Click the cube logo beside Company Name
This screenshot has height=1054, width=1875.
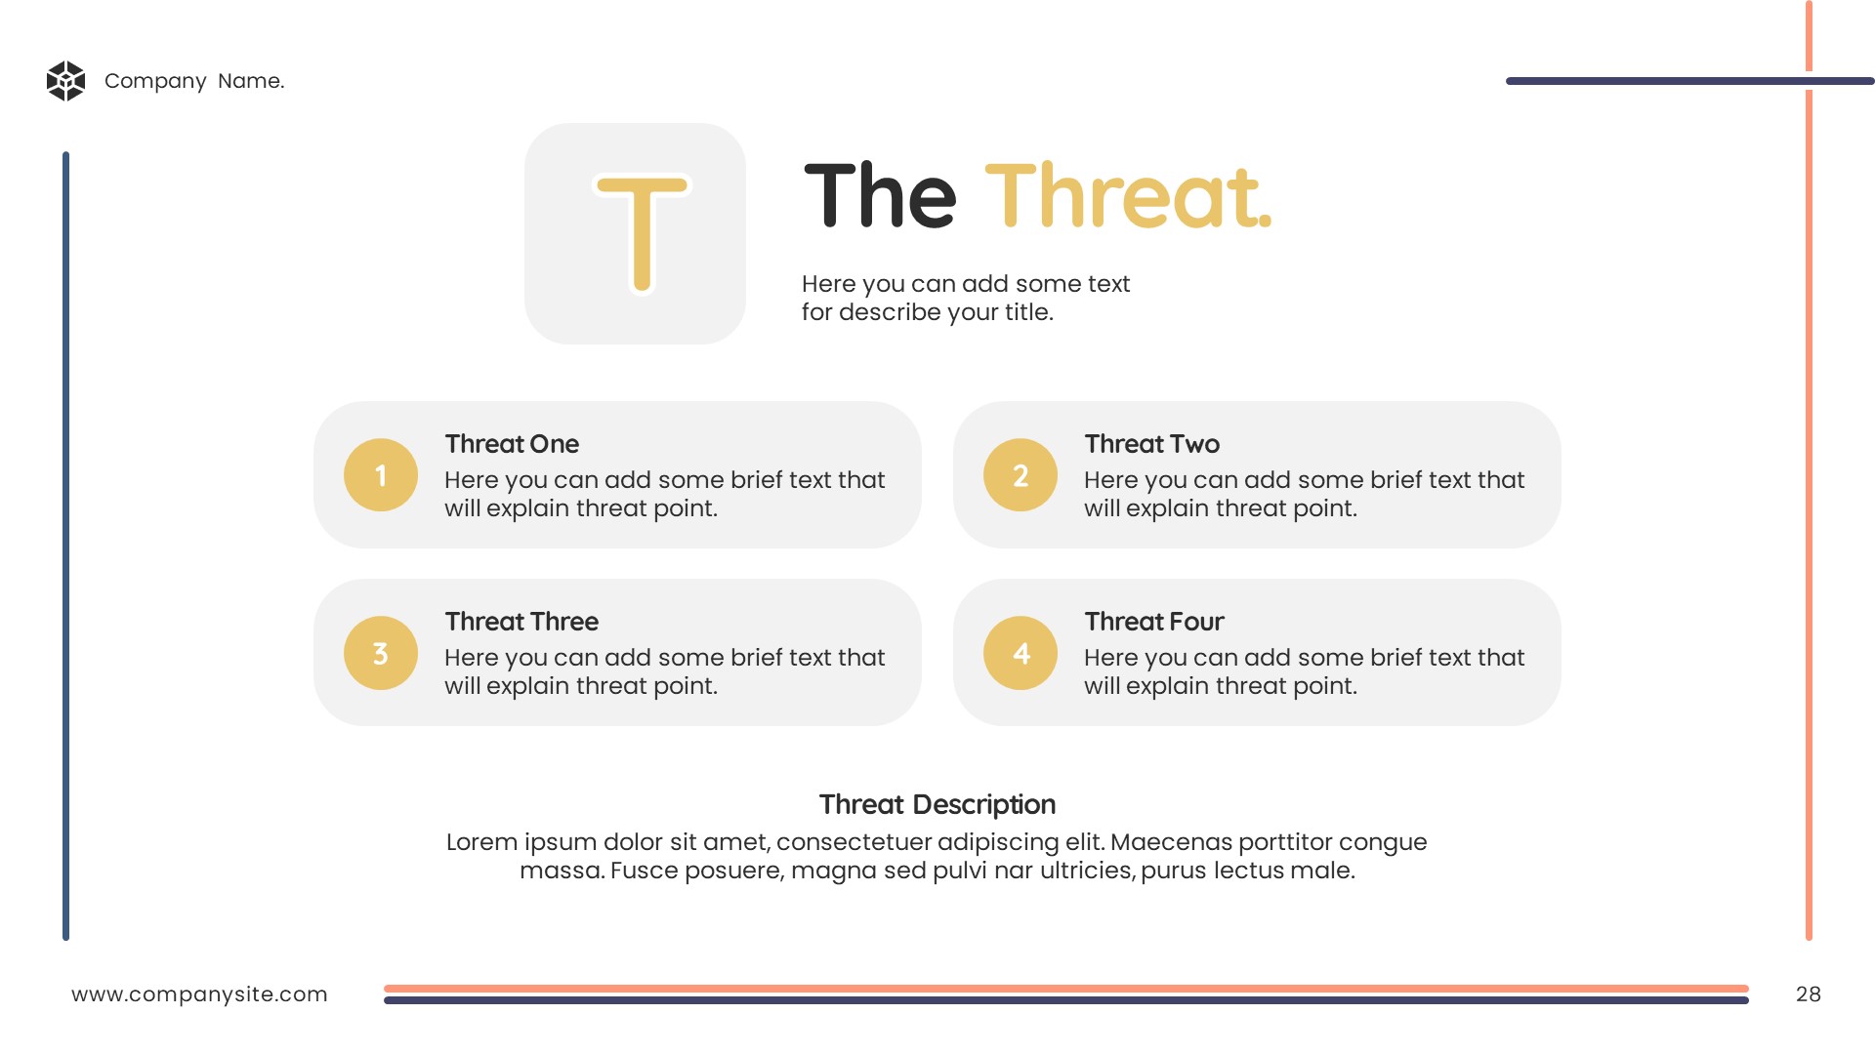[66, 81]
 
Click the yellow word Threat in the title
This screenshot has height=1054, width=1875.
[1128, 196]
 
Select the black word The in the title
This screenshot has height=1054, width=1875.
[880, 196]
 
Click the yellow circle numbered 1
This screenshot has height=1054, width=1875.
[381, 475]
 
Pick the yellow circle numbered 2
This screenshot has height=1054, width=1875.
[1021, 475]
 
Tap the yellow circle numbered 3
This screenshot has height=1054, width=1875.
[381, 653]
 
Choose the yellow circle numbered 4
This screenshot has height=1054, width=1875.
[1021, 653]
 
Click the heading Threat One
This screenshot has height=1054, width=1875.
[512, 444]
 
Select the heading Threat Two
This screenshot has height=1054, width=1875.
[1152, 444]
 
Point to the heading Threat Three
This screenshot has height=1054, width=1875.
[521, 622]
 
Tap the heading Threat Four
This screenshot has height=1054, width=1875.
[1154, 622]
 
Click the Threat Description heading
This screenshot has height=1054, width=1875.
[937, 804]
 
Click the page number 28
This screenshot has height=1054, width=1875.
[1809, 994]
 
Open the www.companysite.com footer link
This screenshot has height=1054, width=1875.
[199, 994]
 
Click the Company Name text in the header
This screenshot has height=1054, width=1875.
[194, 81]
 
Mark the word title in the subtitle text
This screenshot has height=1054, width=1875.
[1029, 312]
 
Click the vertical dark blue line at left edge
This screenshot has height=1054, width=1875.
[66, 547]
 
